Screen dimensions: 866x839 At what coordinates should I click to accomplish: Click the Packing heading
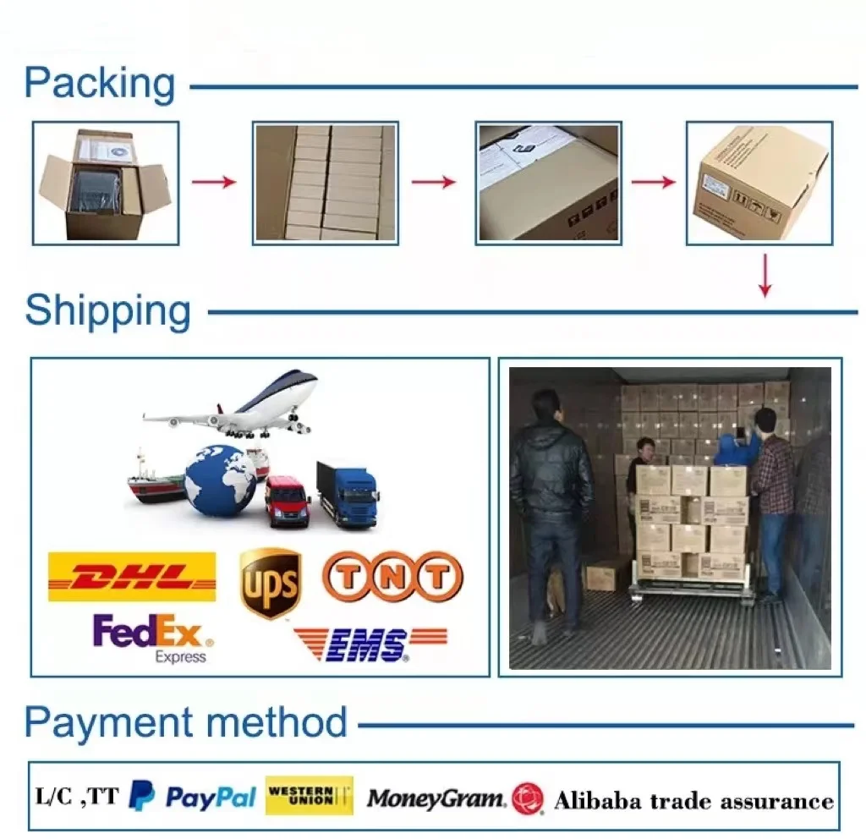pos(100,85)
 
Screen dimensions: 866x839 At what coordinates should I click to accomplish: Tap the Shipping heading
pos(108,311)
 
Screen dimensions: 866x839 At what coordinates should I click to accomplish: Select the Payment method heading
pos(186,723)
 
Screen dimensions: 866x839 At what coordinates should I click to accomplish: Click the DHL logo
pos(132,577)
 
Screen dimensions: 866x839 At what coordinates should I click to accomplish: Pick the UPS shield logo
pos(271,583)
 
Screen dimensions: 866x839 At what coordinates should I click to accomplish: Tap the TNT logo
pos(392,577)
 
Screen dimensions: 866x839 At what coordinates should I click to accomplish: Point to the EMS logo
pos(370,644)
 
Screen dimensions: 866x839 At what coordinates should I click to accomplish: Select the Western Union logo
pos(309,796)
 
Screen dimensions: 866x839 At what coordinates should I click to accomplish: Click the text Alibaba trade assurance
pos(693,800)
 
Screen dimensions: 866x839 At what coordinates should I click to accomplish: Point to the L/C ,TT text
pos(77,796)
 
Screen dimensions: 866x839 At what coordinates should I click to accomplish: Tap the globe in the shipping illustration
pos(220,480)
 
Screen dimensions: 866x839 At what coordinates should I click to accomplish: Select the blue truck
pos(348,494)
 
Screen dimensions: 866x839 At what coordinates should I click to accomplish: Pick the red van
pos(288,501)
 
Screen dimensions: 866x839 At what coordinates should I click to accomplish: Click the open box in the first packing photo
pos(105,183)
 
